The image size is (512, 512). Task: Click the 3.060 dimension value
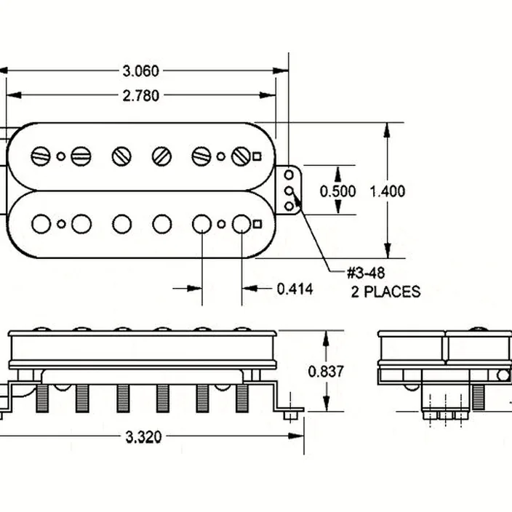click(x=141, y=71)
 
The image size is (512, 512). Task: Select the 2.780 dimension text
click(x=141, y=96)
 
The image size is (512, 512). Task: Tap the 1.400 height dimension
click(x=387, y=191)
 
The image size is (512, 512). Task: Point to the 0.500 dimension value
click(x=337, y=191)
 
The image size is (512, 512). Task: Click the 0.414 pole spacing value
click(x=295, y=289)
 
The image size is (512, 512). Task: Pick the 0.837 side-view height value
click(x=326, y=372)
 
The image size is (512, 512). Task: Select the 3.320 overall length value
click(x=144, y=437)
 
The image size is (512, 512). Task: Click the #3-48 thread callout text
click(x=366, y=273)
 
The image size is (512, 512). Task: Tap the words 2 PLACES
click(x=385, y=292)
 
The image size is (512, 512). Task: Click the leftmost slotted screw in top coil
click(x=41, y=156)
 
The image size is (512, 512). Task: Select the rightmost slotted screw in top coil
click(x=241, y=156)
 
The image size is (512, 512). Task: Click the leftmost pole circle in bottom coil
click(x=41, y=224)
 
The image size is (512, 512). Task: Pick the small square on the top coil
click(x=257, y=157)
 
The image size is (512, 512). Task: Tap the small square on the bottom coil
click(x=257, y=224)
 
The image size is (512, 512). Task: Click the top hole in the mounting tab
click(x=289, y=175)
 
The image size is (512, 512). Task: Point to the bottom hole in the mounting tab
click(x=289, y=206)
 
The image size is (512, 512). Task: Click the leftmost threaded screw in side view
click(x=42, y=398)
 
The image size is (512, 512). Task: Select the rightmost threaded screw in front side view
click(x=242, y=398)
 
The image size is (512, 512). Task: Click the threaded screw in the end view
click(x=478, y=397)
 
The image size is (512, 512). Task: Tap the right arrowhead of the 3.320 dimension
click(x=296, y=436)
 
